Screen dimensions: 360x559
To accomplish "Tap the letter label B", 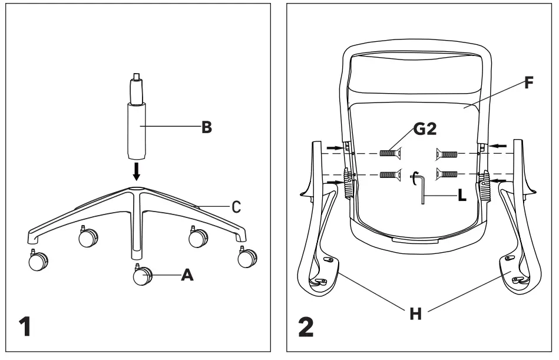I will pyautogui.click(x=207, y=127).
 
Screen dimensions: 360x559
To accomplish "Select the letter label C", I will pyautogui.click(x=235, y=206).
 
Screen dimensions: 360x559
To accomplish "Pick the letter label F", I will pyautogui.click(x=529, y=82).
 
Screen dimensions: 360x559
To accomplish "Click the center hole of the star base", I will pyautogui.click(x=137, y=190).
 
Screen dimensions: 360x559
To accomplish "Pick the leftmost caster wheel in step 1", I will pyautogui.click(x=38, y=261).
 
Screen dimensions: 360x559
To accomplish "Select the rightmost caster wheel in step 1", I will pyautogui.click(x=247, y=258).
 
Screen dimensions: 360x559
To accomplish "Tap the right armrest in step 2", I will pyautogui.click(x=514, y=224).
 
